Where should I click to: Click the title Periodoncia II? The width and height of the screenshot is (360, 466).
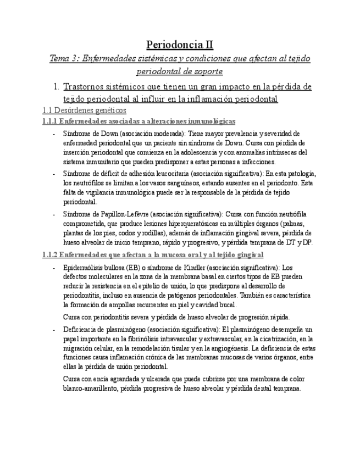(x=180, y=45)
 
